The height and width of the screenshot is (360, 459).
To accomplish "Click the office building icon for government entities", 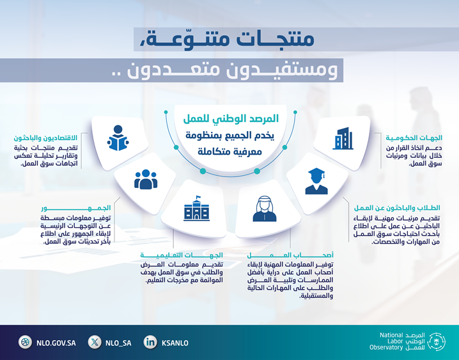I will [342, 138].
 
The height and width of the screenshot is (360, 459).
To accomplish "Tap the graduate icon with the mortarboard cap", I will [316, 181].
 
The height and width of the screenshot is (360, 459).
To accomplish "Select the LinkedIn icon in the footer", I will [150, 342].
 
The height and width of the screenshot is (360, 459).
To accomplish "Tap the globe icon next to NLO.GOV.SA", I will [25, 342].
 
